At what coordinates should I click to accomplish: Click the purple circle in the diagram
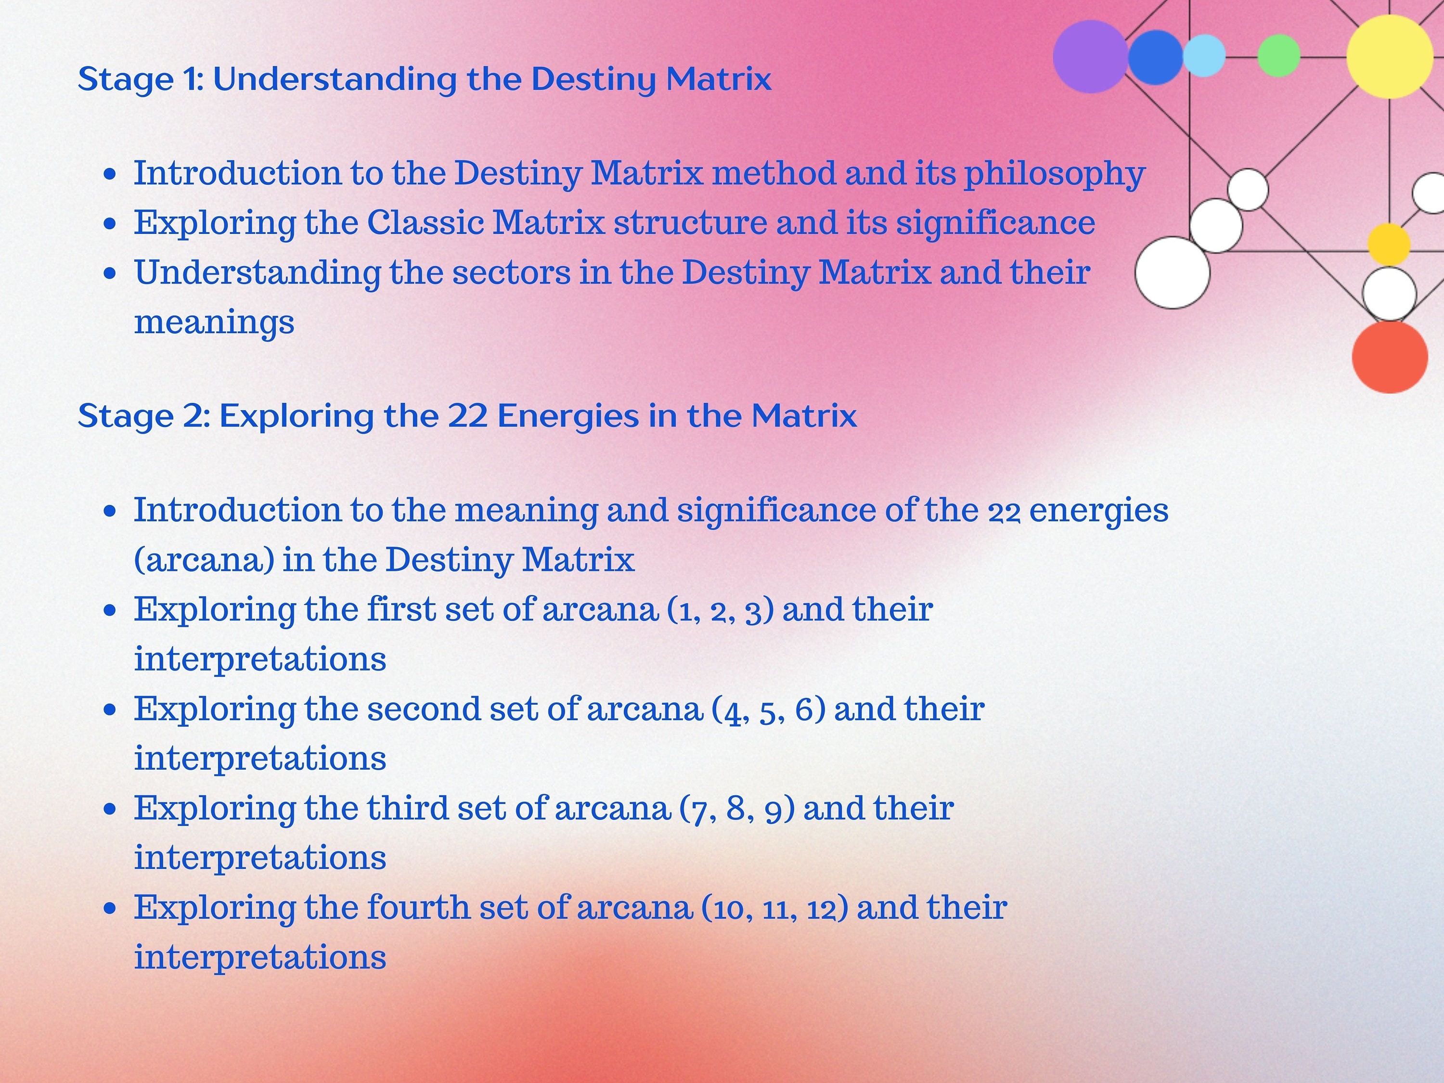pyautogui.click(x=1090, y=56)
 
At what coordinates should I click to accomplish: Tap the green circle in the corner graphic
pyautogui.click(x=1278, y=55)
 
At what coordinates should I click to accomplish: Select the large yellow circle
pyautogui.click(x=1389, y=56)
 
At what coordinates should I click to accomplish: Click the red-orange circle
pyautogui.click(x=1389, y=357)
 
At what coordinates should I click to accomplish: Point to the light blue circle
pyautogui.click(x=1204, y=55)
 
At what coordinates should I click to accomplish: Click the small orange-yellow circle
pyautogui.click(x=1389, y=244)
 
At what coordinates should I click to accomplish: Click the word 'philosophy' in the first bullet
pyautogui.click(x=1054, y=174)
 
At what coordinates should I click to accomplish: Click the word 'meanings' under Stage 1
pyautogui.click(x=214, y=322)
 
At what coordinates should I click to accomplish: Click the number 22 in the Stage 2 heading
pyautogui.click(x=467, y=416)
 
